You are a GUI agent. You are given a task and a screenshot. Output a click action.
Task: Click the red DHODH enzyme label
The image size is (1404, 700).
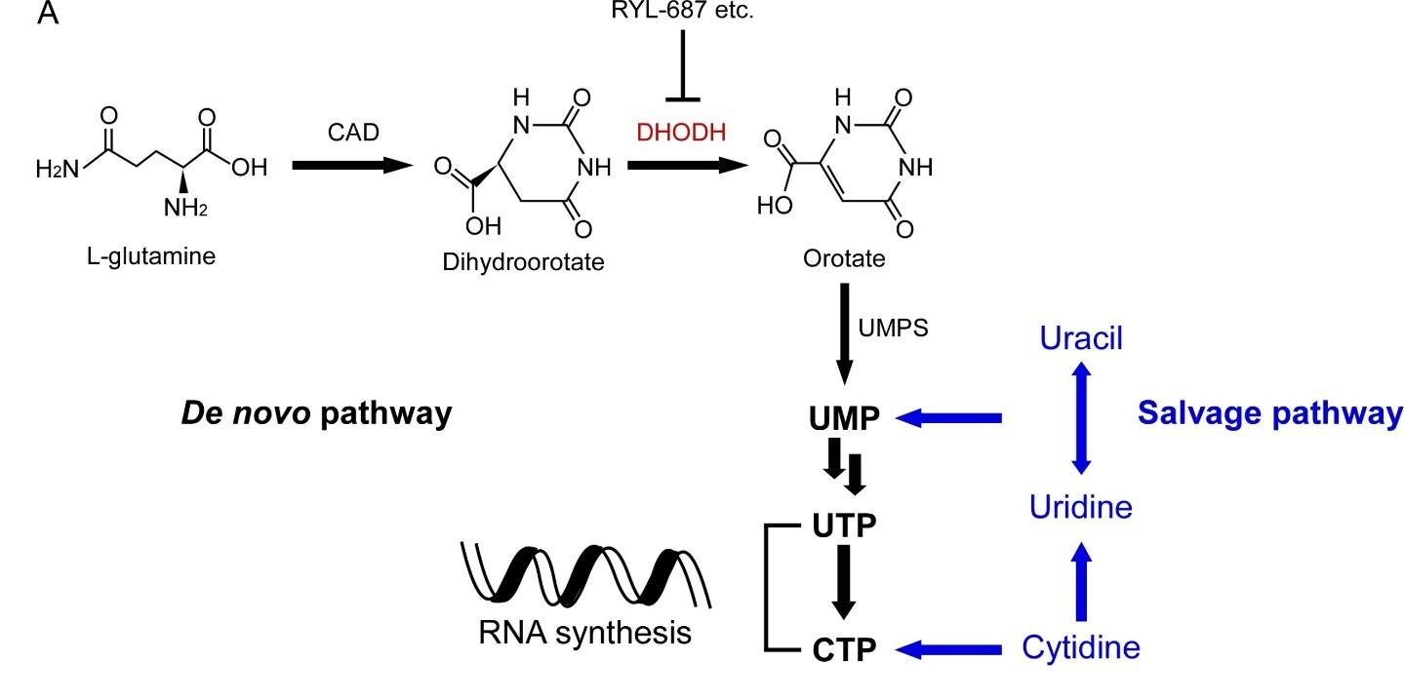pos(682,133)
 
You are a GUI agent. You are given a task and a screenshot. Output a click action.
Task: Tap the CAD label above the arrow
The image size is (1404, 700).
pos(352,133)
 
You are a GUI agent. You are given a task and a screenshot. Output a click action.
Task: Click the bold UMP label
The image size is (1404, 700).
pos(845,418)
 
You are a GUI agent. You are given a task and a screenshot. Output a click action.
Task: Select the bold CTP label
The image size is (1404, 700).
pos(845,647)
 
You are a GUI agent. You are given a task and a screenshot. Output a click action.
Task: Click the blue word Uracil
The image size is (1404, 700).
pos(1081,339)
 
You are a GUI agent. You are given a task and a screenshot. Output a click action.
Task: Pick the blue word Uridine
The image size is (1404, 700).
pos(1081,507)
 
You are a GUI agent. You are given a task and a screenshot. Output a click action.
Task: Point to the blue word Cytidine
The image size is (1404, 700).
pos(1081,646)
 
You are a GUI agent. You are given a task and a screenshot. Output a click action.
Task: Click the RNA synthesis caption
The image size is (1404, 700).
pos(585,634)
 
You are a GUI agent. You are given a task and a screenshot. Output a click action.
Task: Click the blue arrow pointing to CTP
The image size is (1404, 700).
pos(951,647)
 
